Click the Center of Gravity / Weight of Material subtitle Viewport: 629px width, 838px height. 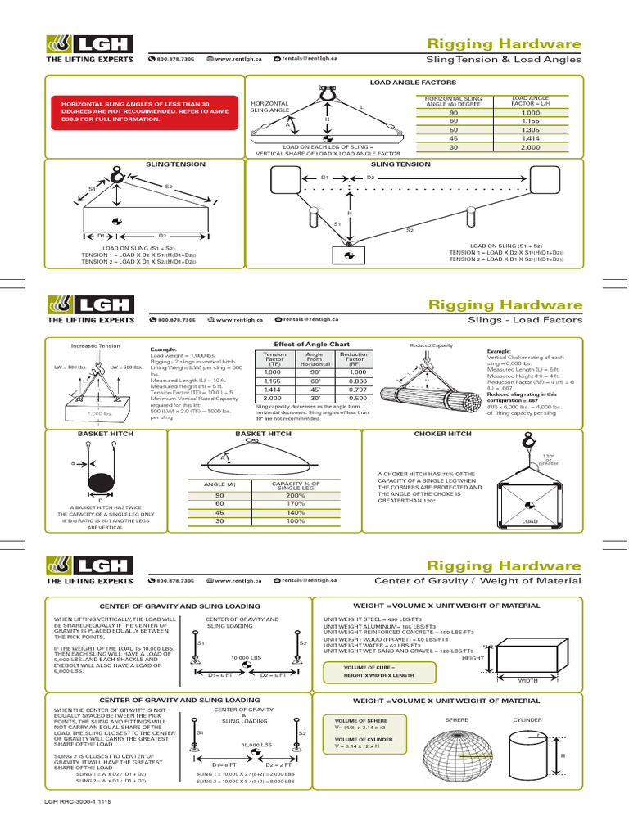click(477, 581)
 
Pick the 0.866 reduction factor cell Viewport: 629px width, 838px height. click(355, 381)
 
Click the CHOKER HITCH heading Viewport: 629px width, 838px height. click(442, 434)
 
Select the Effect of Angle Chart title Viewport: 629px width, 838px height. click(310, 345)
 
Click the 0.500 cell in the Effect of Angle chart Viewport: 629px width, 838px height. click(355, 399)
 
